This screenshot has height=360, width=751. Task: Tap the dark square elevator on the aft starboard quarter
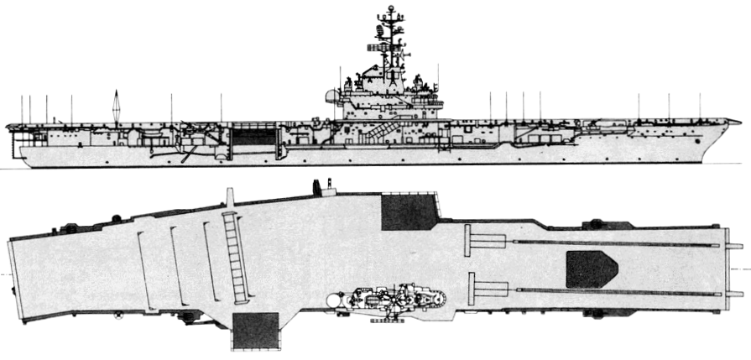point(255,331)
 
